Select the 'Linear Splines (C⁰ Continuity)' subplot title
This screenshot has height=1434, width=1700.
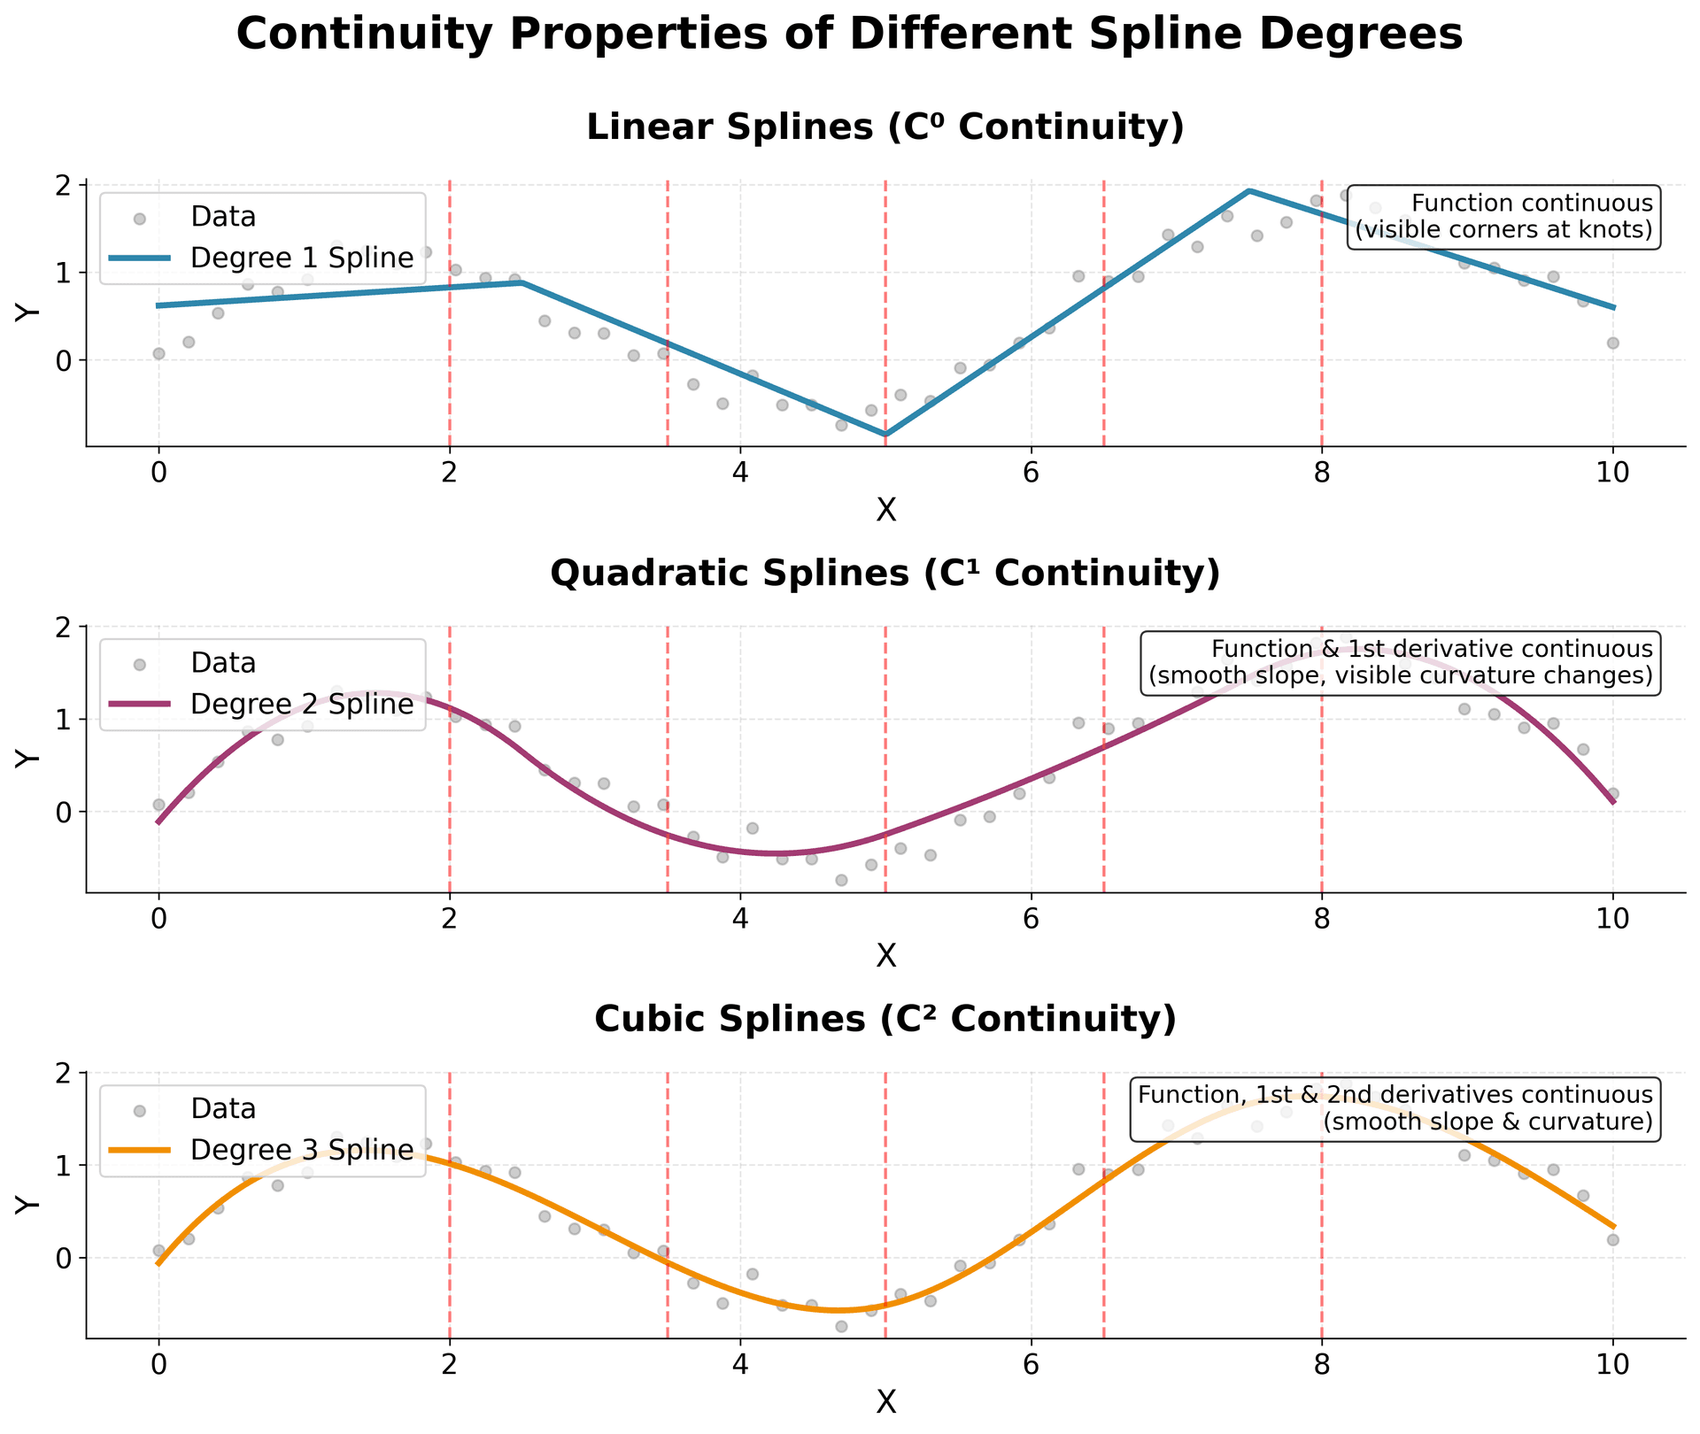(885, 128)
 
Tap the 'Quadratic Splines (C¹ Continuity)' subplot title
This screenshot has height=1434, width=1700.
(885, 574)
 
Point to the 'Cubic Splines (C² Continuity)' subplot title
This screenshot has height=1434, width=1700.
(885, 1020)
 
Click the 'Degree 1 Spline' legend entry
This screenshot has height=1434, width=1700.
(301, 258)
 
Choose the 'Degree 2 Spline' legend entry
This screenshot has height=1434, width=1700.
(301, 705)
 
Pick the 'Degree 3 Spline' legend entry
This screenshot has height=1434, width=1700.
(301, 1150)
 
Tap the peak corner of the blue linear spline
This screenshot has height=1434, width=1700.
(1248, 190)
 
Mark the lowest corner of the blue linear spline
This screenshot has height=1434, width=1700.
(885, 435)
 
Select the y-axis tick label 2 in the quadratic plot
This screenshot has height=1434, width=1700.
(69, 627)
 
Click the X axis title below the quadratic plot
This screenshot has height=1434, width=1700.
(885, 956)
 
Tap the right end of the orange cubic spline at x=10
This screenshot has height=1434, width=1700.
(1612, 1227)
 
